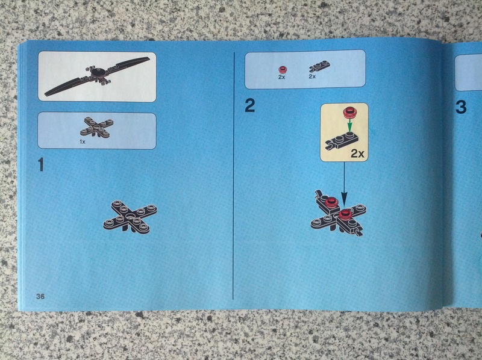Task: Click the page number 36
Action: (x=40, y=296)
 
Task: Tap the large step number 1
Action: (x=41, y=164)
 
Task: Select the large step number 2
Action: (x=249, y=105)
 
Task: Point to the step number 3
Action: (x=461, y=107)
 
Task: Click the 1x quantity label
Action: (x=83, y=142)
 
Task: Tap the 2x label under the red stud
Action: (x=281, y=77)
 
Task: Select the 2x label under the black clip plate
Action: (x=312, y=76)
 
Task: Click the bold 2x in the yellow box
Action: (x=357, y=154)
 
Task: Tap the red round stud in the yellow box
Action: (x=349, y=113)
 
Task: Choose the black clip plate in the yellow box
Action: (x=342, y=141)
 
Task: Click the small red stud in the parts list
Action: (x=281, y=70)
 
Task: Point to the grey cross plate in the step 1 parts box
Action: (x=96, y=126)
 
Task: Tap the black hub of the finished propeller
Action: (x=98, y=73)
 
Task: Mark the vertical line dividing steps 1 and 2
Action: (x=234, y=176)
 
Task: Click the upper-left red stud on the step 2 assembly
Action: (x=330, y=202)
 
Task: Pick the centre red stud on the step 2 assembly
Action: (x=345, y=214)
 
